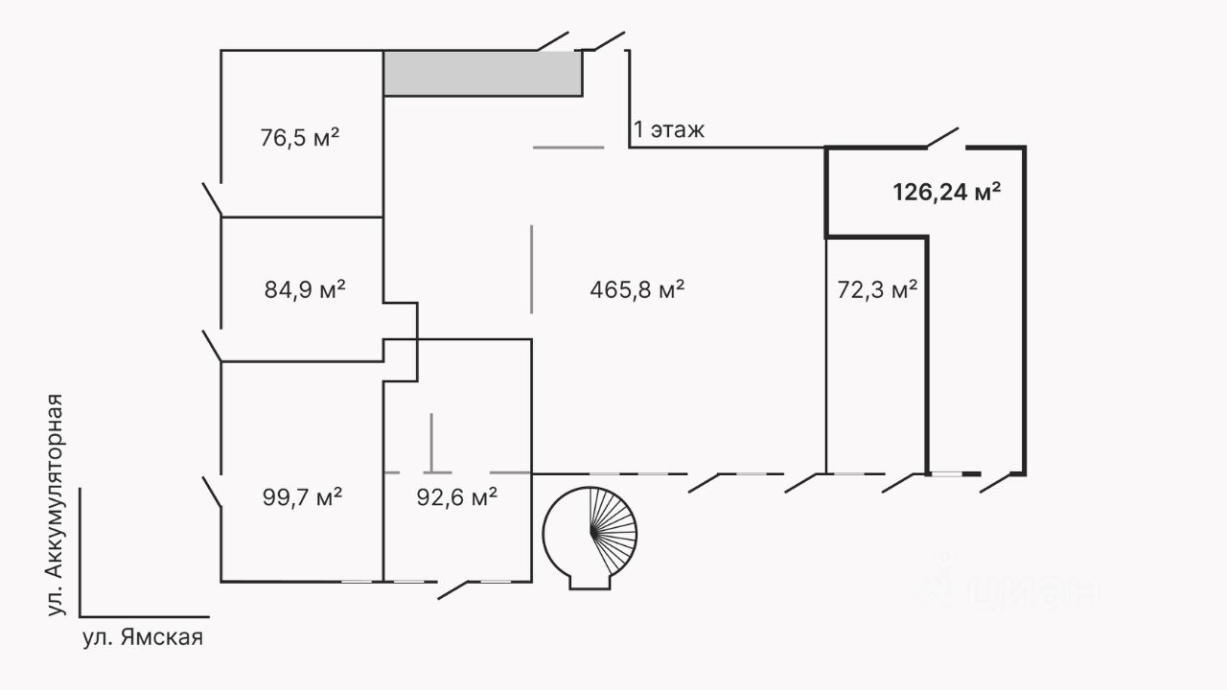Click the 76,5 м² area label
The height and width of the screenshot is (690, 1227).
(301, 137)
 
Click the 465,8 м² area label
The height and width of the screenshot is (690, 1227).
(637, 288)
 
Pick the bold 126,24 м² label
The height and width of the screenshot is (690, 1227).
(947, 192)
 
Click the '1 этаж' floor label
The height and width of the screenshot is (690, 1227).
(669, 129)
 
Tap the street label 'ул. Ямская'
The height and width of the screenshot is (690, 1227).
(143, 637)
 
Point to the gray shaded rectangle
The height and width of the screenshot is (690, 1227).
(483, 74)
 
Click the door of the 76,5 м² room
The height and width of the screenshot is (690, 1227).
(212, 198)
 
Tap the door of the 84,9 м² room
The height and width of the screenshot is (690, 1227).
(212, 346)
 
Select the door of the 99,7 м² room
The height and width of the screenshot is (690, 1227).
(212, 492)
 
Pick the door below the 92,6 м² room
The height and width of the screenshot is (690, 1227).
(453, 589)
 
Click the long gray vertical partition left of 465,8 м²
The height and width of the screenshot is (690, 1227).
(532, 269)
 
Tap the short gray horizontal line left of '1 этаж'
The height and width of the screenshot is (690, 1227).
(568, 148)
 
